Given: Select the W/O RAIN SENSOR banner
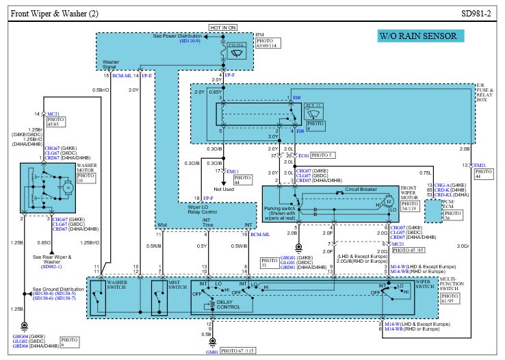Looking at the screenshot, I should [x=417, y=36].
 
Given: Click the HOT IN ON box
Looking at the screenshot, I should [x=222, y=27].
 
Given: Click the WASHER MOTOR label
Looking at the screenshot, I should [x=86, y=168].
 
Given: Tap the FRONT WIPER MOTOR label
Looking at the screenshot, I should [x=409, y=194].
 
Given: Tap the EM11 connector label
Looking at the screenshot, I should [x=233, y=171].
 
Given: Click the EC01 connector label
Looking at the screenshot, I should [x=303, y=155].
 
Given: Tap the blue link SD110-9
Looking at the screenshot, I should [x=190, y=41].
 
